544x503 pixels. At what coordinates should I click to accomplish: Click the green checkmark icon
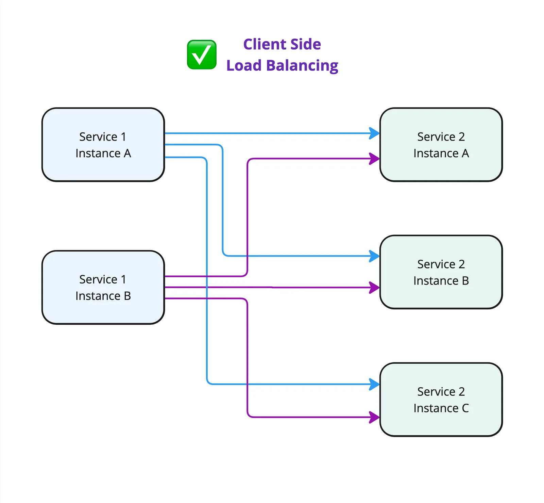(202, 54)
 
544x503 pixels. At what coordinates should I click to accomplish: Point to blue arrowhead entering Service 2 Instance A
(374, 133)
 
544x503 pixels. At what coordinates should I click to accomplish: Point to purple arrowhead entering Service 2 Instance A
(374, 159)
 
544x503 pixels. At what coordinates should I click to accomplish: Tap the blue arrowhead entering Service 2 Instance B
(374, 256)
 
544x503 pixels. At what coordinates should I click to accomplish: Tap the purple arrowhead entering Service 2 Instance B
(374, 288)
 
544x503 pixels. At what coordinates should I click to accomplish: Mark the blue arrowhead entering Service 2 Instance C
(374, 384)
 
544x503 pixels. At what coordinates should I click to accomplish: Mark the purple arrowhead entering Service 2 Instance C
(374, 417)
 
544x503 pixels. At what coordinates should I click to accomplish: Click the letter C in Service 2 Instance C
(465, 408)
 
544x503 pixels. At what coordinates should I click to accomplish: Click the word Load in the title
(243, 65)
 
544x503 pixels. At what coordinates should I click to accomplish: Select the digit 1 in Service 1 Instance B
(123, 279)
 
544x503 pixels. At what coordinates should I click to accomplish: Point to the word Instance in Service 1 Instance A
(98, 153)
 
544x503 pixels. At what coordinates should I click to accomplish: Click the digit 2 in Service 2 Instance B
(461, 264)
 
